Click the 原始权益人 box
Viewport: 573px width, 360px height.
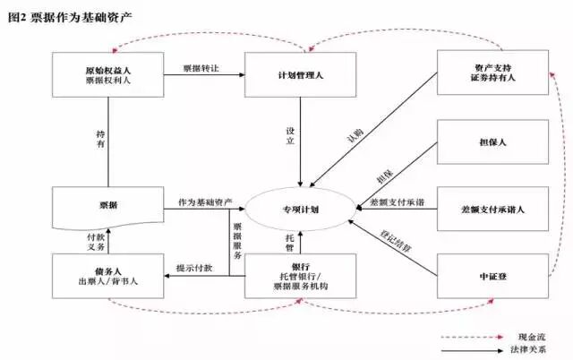coord(108,73)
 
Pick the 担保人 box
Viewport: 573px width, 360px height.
coord(492,141)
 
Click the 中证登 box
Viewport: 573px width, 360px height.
coord(492,277)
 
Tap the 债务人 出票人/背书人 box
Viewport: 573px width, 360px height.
coord(108,276)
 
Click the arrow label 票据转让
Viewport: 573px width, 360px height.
coord(201,68)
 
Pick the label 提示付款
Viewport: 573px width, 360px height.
coord(194,268)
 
